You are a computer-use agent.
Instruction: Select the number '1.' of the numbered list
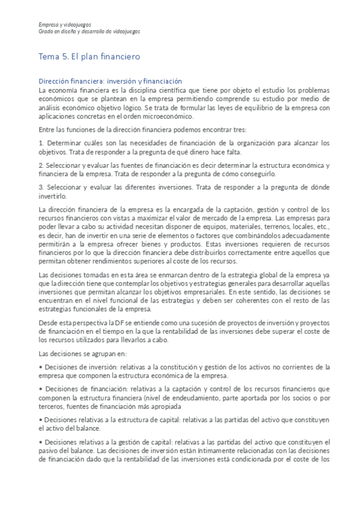[41, 143]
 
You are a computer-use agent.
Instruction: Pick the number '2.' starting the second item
[41, 164]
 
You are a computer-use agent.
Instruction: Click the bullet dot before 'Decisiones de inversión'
[40, 366]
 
